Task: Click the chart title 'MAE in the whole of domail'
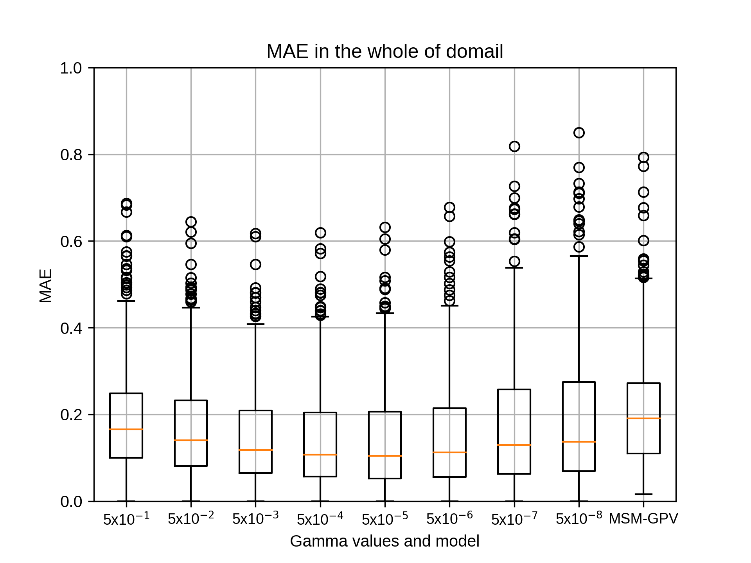coord(384,52)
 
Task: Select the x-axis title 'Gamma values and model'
coord(384,541)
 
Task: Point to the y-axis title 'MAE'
coord(46,286)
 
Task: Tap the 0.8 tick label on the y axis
coord(71,155)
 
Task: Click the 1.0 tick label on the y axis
coord(71,68)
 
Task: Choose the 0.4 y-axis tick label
coord(71,328)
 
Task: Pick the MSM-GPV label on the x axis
coord(643,519)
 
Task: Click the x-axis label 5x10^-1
coord(126,518)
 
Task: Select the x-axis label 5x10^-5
coord(385,518)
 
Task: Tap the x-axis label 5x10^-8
coord(579,518)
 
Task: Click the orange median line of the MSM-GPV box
coord(643,418)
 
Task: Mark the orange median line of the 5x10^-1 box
coord(126,429)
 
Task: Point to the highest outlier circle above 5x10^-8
coord(579,133)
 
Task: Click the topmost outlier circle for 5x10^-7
coord(514,146)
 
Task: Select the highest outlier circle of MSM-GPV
coord(643,157)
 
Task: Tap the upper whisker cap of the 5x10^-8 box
coord(579,256)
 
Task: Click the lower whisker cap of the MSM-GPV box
coord(643,494)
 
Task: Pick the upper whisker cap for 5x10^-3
coord(255,324)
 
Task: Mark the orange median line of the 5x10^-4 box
coord(320,455)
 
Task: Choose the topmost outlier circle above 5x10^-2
coord(191,222)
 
